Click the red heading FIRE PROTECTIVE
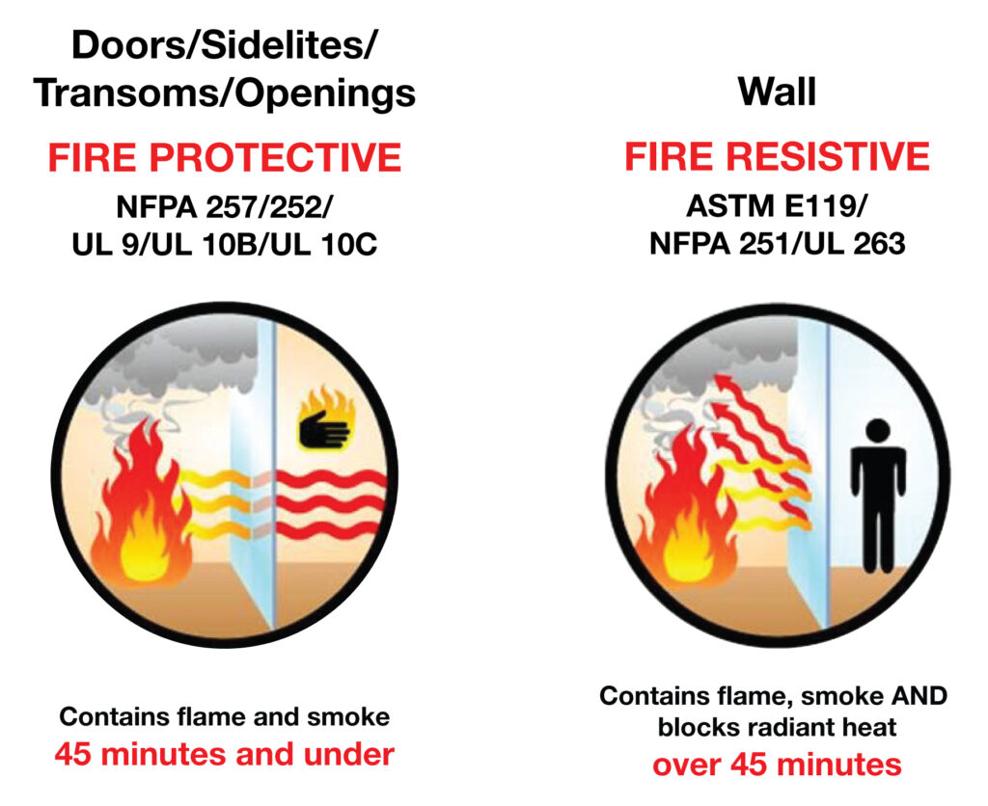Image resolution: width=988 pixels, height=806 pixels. [225, 157]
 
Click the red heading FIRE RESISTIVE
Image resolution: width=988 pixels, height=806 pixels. [777, 156]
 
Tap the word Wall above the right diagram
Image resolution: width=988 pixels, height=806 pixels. [778, 92]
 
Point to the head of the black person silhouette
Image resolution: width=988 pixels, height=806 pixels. [878, 432]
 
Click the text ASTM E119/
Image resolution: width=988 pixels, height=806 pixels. [777, 206]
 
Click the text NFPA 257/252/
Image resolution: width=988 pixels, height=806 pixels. [224, 207]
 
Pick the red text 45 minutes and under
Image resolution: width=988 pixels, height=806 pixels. [224, 754]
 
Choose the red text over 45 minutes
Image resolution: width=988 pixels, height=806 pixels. [777, 765]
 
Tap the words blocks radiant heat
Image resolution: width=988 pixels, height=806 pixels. [777, 727]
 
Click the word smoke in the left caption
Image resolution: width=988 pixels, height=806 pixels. [348, 716]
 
